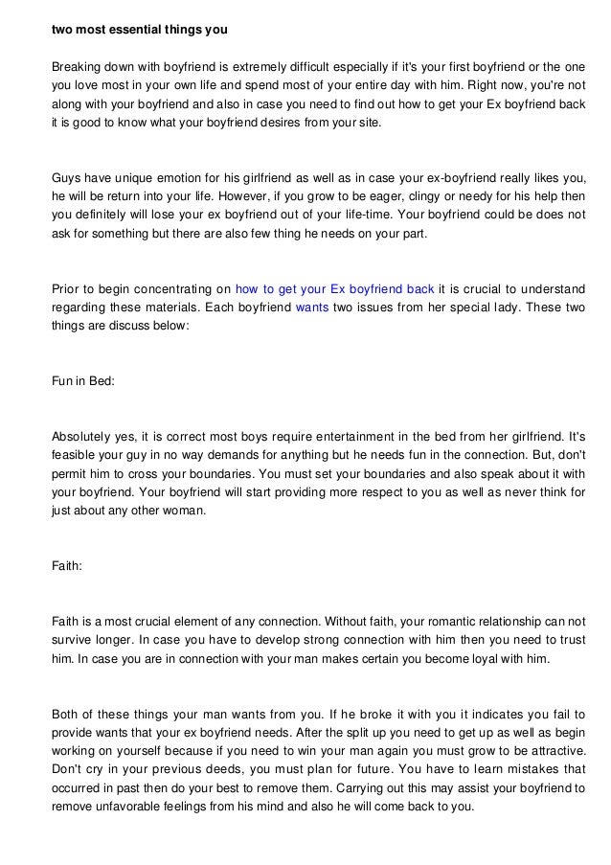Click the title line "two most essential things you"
point(139,29)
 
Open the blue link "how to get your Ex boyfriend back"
point(334,287)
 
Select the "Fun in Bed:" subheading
point(83,381)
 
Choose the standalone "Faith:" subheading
point(67,565)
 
